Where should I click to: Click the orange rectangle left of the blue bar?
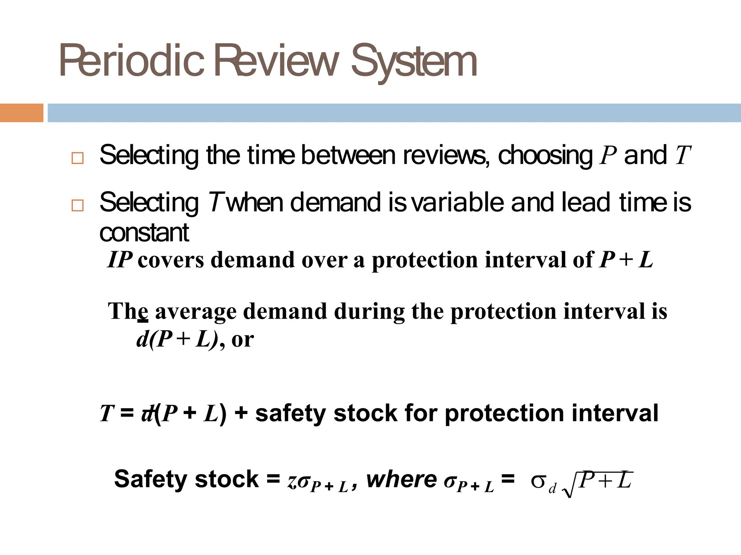point(21,113)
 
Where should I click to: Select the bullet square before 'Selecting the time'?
point(77,158)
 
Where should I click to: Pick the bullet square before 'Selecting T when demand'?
point(77,205)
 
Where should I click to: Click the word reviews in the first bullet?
point(445,155)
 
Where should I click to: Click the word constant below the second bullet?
point(144,233)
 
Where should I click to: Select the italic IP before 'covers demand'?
point(120,260)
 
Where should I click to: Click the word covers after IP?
point(171,261)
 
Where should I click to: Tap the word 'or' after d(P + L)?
point(242,340)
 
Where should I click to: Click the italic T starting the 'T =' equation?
point(107,413)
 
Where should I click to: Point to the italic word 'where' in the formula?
point(402,479)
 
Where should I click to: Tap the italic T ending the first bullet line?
point(683,155)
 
